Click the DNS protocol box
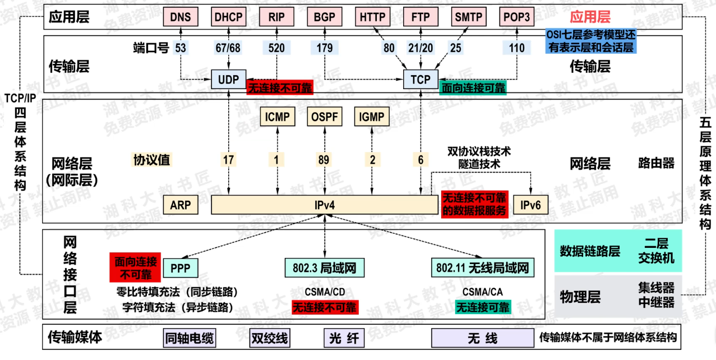click(x=180, y=17)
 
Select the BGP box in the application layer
click(x=324, y=17)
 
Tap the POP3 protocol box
click(x=516, y=17)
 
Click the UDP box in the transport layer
click(x=228, y=80)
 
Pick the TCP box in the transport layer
click(x=421, y=80)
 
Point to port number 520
click(x=276, y=48)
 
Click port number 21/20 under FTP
click(x=421, y=48)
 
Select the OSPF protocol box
click(x=324, y=117)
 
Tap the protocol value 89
click(x=324, y=160)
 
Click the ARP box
click(x=181, y=205)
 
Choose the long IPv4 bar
click(x=324, y=205)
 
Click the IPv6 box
click(x=530, y=205)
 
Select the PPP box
click(x=181, y=267)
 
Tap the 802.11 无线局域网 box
click(x=483, y=267)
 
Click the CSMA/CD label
click(x=325, y=292)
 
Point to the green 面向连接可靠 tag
click(x=473, y=88)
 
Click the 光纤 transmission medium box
click(x=343, y=339)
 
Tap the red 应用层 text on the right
click(x=590, y=17)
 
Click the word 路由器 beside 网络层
click(x=656, y=164)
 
